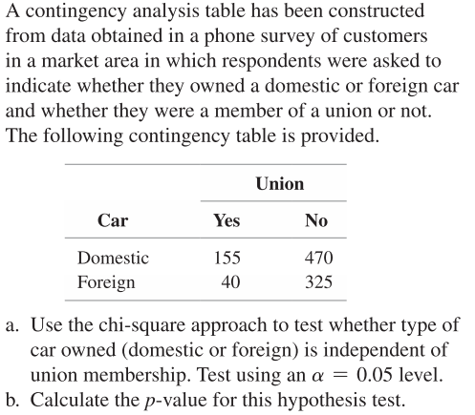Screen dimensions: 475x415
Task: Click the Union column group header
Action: click(x=280, y=182)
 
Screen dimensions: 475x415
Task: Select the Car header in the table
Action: click(x=113, y=220)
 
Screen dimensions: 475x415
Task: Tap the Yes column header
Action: click(x=227, y=220)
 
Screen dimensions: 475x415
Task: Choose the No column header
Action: click(x=315, y=220)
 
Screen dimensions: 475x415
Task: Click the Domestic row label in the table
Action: click(x=113, y=258)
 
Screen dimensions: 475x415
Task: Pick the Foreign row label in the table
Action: click(x=106, y=282)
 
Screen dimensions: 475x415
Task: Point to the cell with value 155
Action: click(x=227, y=258)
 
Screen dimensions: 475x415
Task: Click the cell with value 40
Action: click(x=230, y=282)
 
